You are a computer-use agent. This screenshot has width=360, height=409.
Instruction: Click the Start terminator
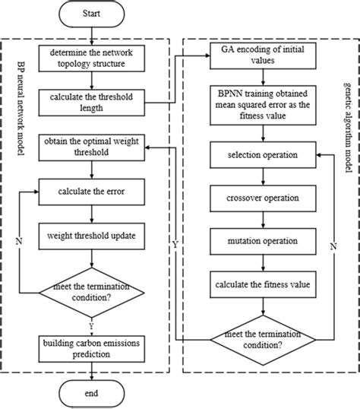(91, 15)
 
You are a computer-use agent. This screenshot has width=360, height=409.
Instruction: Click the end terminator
(91, 393)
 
